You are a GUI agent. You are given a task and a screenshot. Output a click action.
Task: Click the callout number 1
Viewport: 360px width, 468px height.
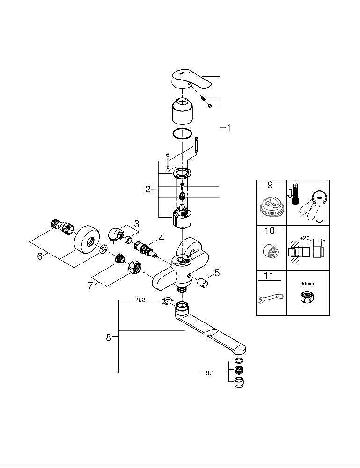pos(228,128)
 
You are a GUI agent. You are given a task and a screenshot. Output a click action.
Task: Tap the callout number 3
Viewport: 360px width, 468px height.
pos(136,224)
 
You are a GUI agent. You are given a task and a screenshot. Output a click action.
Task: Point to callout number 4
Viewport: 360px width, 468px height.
pos(161,238)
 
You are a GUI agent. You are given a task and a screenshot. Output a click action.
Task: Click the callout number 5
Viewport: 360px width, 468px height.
pos(216,271)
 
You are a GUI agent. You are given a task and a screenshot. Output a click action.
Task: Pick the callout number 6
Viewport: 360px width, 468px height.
pos(40,256)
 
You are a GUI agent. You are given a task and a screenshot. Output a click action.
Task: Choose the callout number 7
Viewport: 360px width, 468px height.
pos(91,285)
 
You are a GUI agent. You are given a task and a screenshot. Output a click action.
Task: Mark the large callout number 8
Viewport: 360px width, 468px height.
pos(109,337)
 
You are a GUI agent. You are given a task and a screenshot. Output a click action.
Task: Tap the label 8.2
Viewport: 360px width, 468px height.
pos(140,301)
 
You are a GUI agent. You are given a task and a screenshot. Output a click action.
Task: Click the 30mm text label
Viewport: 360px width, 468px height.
pos(307,284)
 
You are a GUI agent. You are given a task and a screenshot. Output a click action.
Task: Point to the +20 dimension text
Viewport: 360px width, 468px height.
pos(305,238)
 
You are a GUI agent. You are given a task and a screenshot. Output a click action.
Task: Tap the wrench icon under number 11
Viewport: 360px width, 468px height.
pos(271,296)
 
